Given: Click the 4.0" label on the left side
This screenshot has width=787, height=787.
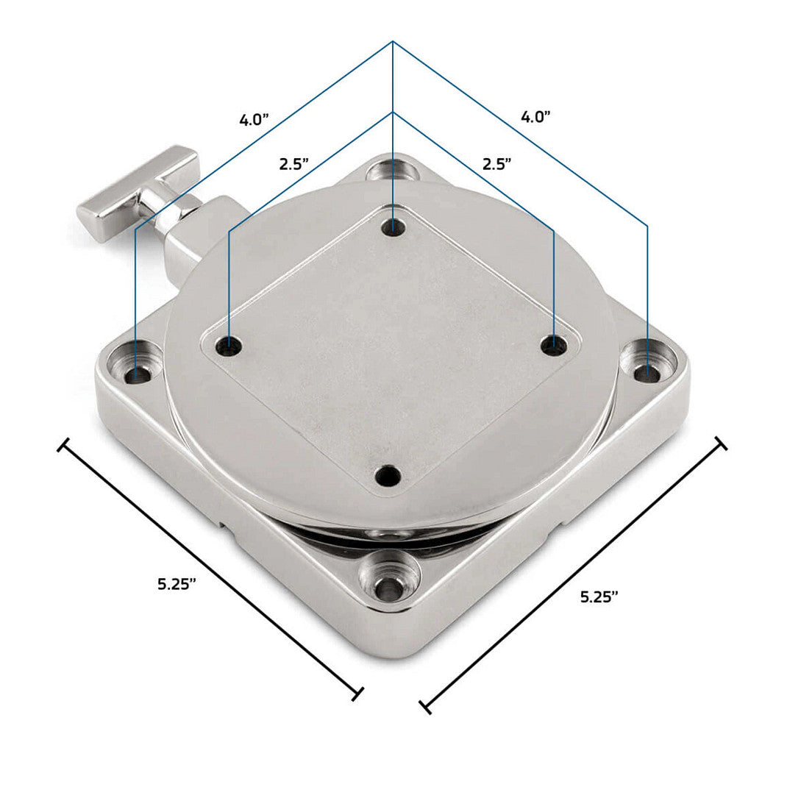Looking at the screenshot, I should click(254, 120).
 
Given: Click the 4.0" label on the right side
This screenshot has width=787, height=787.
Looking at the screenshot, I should click(535, 116).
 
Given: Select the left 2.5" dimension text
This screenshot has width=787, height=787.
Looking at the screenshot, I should click(293, 164).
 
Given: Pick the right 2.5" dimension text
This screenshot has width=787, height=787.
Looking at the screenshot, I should click(496, 163).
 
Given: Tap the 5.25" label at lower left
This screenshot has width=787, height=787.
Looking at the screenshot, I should click(177, 584).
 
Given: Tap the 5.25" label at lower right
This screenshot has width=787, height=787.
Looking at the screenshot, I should click(599, 597).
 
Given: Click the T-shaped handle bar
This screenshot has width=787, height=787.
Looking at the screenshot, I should click(138, 185).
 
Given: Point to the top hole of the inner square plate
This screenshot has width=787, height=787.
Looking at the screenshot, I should click(393, 227).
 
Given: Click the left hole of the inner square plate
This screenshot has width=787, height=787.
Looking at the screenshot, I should click(229, 343).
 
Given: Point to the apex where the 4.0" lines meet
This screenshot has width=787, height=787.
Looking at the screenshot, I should click(393, 41).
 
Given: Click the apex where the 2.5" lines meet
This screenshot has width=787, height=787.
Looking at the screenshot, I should click(393, 113).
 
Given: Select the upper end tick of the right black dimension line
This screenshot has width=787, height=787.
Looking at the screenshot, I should click(720, 444).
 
